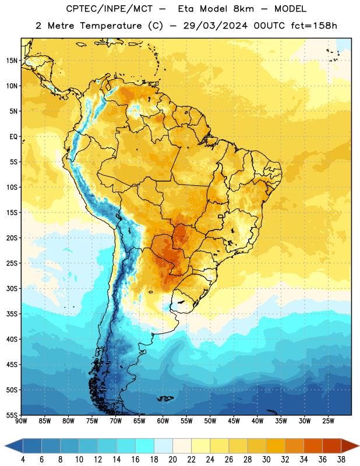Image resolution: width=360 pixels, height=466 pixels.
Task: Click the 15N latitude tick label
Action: (x=12, y=61)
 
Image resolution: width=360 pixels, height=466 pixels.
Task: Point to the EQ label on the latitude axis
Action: (x=13, y=137)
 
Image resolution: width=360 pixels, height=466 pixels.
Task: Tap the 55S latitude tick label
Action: (x=12, y=415)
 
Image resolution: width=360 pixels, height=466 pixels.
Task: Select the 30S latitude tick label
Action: (x=12, y=288)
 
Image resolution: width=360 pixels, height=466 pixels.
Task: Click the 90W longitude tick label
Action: (x=21, y=421)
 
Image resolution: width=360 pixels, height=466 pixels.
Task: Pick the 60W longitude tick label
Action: (x=163, y=421)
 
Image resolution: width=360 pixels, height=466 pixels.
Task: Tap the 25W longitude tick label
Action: (x=329, y=421)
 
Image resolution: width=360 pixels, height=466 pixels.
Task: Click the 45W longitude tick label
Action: (x=234, y=421)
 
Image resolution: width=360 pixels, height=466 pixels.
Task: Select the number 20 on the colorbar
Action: (x=172, y=460)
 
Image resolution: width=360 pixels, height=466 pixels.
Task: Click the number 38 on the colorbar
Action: (x=341, y=460)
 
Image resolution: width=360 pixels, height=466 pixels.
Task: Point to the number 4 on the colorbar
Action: (x=23, y=460)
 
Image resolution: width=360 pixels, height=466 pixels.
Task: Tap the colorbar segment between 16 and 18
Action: (x=145, y=446)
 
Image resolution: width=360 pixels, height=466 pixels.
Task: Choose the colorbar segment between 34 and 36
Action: (x=313, y=446)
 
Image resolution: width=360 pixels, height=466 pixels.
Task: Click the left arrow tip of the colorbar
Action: (x=5, y=446)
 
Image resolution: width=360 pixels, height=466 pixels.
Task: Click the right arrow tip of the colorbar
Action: (x=359, y=446)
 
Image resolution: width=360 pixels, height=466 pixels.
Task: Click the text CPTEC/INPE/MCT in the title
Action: (x=110, y=9)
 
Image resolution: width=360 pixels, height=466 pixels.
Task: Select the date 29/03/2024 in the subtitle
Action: (x=215, y=26)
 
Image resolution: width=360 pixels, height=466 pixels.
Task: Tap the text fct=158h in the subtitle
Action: (x=314, y=26)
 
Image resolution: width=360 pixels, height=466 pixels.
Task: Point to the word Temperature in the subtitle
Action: (x=111, y=26)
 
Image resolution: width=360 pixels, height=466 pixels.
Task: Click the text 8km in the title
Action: (x=243, y=9)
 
